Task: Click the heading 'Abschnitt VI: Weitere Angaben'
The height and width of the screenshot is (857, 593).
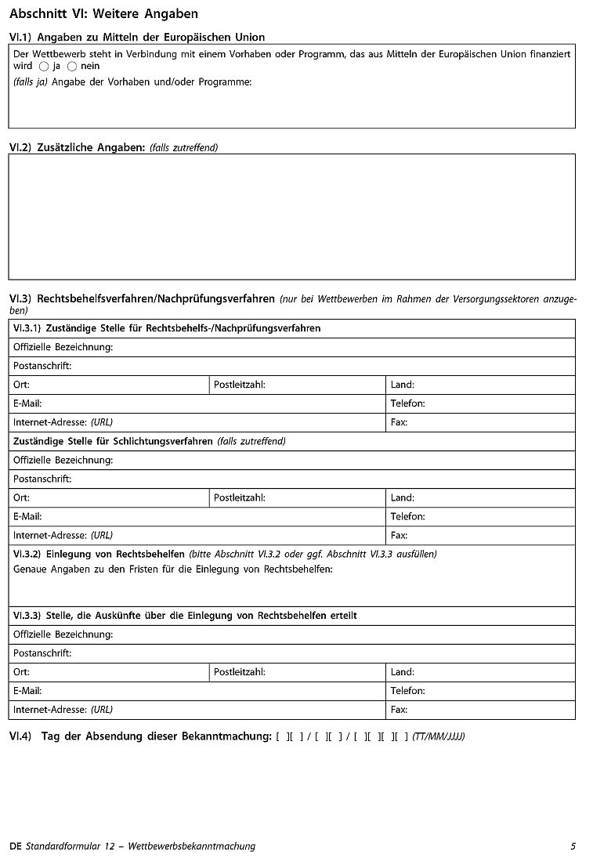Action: point(103,14)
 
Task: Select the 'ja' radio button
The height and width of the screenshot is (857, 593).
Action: point(44,67)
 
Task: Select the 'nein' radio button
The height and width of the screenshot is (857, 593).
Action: point(72,67)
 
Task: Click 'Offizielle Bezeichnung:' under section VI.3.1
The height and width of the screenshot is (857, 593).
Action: point(63,347)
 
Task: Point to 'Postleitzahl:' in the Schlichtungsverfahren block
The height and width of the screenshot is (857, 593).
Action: point(239,497)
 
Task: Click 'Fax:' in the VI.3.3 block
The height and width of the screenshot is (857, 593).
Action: point(399,710)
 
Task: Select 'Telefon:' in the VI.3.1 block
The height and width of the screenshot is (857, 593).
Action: point(407,403)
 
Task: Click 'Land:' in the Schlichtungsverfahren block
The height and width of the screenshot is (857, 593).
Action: point(402,497)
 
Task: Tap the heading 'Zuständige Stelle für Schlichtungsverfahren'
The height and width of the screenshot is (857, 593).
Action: point(113,441)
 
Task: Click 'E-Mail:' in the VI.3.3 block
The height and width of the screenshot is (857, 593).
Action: point(27,691)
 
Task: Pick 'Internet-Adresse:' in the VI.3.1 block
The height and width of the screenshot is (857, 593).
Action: point(50,422)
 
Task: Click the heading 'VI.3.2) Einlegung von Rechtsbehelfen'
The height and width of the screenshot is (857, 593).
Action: point(99,554)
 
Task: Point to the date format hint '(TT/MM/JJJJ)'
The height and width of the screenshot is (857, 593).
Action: point(439,736)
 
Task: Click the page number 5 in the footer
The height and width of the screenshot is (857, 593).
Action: point(573,846)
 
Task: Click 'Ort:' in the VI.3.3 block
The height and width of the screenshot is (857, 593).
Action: point(21,672)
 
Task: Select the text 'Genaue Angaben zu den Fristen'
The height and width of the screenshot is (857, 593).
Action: point(86,569)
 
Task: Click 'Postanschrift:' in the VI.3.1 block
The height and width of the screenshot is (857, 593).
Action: point(42,366)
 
